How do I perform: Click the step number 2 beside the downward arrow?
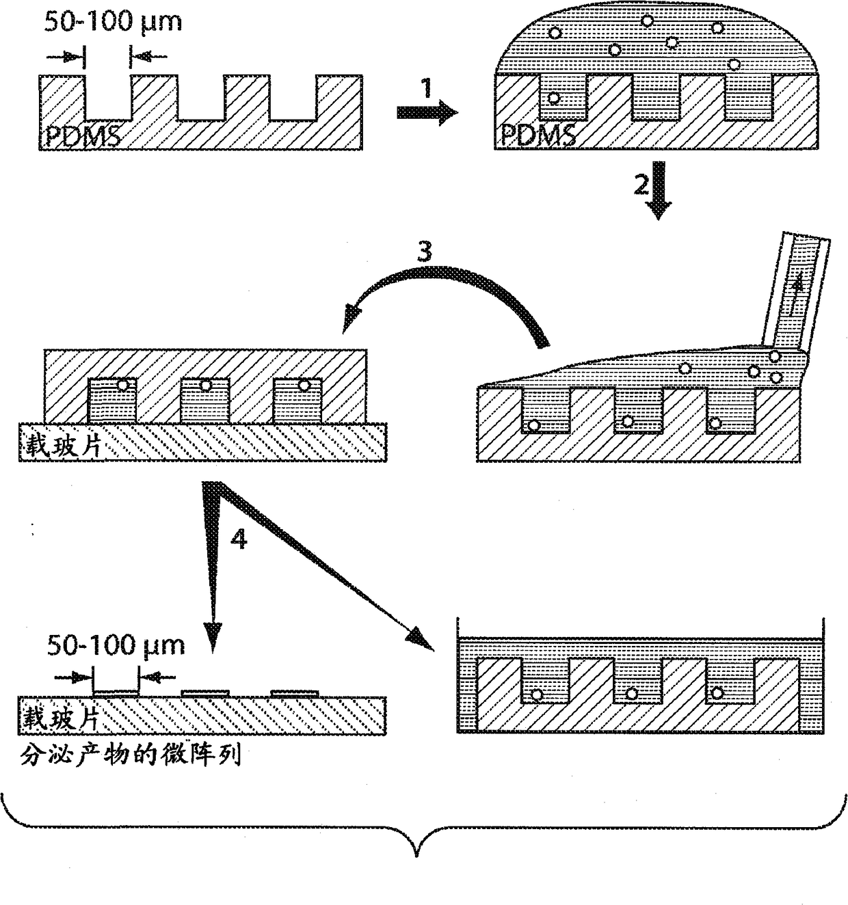(x=641, y=185)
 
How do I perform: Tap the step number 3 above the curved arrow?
(x=425, y=252)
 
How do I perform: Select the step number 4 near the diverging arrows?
(x=238, y=540)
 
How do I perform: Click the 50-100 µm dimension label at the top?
(x=114, y=22)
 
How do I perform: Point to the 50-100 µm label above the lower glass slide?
(x=116, y=645)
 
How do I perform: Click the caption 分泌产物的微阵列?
(x=130, y=756)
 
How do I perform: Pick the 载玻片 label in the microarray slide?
(x=62, y=718)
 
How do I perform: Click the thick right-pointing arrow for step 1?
(x=427, y=111)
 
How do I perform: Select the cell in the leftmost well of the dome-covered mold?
(x=554, y=98)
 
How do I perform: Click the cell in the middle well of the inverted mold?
(x=205, y=385)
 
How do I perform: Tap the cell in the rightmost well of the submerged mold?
(x=717, y=692)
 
